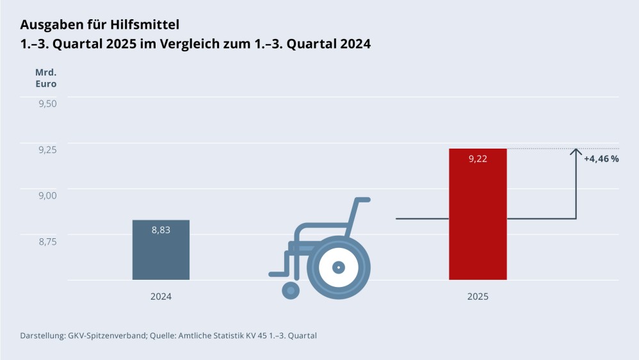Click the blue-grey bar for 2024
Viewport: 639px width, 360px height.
coord(161,253)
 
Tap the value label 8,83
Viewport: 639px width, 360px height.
coord(161,230)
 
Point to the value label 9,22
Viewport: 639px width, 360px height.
coord(478,159)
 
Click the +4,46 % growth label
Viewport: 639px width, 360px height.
coord(601,159)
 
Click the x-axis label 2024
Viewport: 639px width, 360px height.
coord(161,297)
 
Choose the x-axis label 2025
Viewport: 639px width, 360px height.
coord(478,297)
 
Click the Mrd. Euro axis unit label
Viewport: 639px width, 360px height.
coord(45,78)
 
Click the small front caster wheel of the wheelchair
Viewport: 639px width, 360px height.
coord(291,290)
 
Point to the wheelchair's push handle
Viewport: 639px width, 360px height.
coord(363,200)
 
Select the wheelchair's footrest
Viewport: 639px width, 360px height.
coord(277,274)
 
